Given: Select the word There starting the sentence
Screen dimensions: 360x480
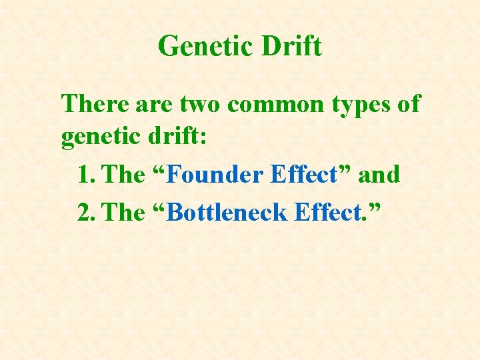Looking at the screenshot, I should [93, 104].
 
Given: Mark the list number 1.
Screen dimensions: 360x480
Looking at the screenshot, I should [85, 175].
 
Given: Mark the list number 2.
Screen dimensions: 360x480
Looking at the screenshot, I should [85, 213].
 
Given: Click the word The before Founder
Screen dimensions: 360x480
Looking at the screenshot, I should [125, 175].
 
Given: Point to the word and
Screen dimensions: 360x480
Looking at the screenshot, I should [379, 175].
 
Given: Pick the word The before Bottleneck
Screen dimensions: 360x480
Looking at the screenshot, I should [125, 213].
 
